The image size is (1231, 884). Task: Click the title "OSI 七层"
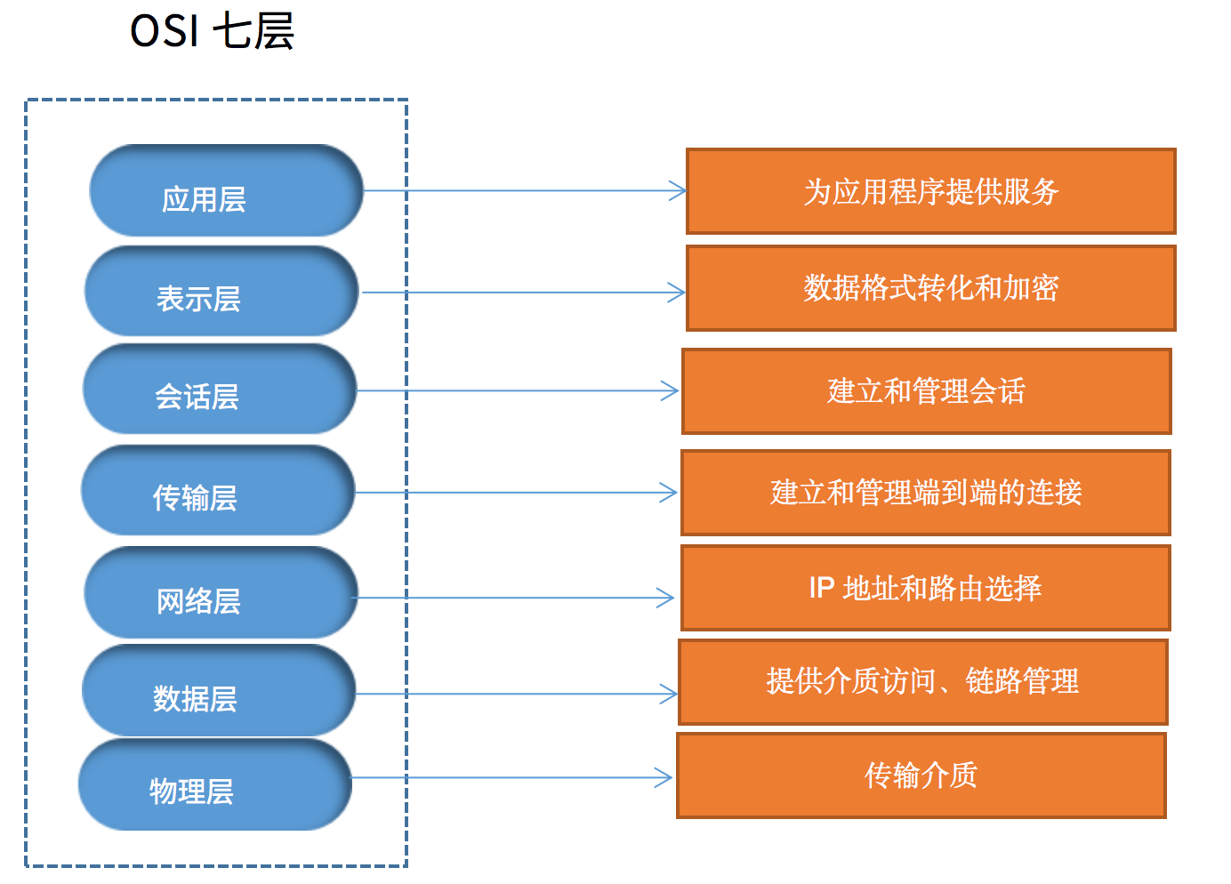point(212,31)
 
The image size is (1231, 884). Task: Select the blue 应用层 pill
point(226,190)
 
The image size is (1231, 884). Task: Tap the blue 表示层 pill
point(221,291)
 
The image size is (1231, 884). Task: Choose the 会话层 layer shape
point(220,390)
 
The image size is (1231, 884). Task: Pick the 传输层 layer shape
point(218,490)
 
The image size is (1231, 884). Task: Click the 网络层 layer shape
point(221,592)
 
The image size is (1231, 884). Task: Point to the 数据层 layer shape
point(219,691)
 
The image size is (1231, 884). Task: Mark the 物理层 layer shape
point(215,784)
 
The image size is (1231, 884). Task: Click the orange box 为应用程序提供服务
point(930,191)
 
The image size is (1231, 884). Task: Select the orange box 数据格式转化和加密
point(930,288)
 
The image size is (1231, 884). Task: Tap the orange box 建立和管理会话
point(926,391)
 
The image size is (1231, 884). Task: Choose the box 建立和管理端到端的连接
point(925,493)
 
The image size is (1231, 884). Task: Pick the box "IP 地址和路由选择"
point(925,588)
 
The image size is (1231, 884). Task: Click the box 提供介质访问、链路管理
point(922,681)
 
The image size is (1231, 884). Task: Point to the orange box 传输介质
point(921,776)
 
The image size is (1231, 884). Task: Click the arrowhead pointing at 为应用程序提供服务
point(679,190)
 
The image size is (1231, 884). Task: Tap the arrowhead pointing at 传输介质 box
point(664,778)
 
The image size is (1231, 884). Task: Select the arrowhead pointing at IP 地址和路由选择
point(666,598)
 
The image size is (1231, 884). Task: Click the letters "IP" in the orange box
point(821,588)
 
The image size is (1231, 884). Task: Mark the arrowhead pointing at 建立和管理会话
point(671,390)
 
